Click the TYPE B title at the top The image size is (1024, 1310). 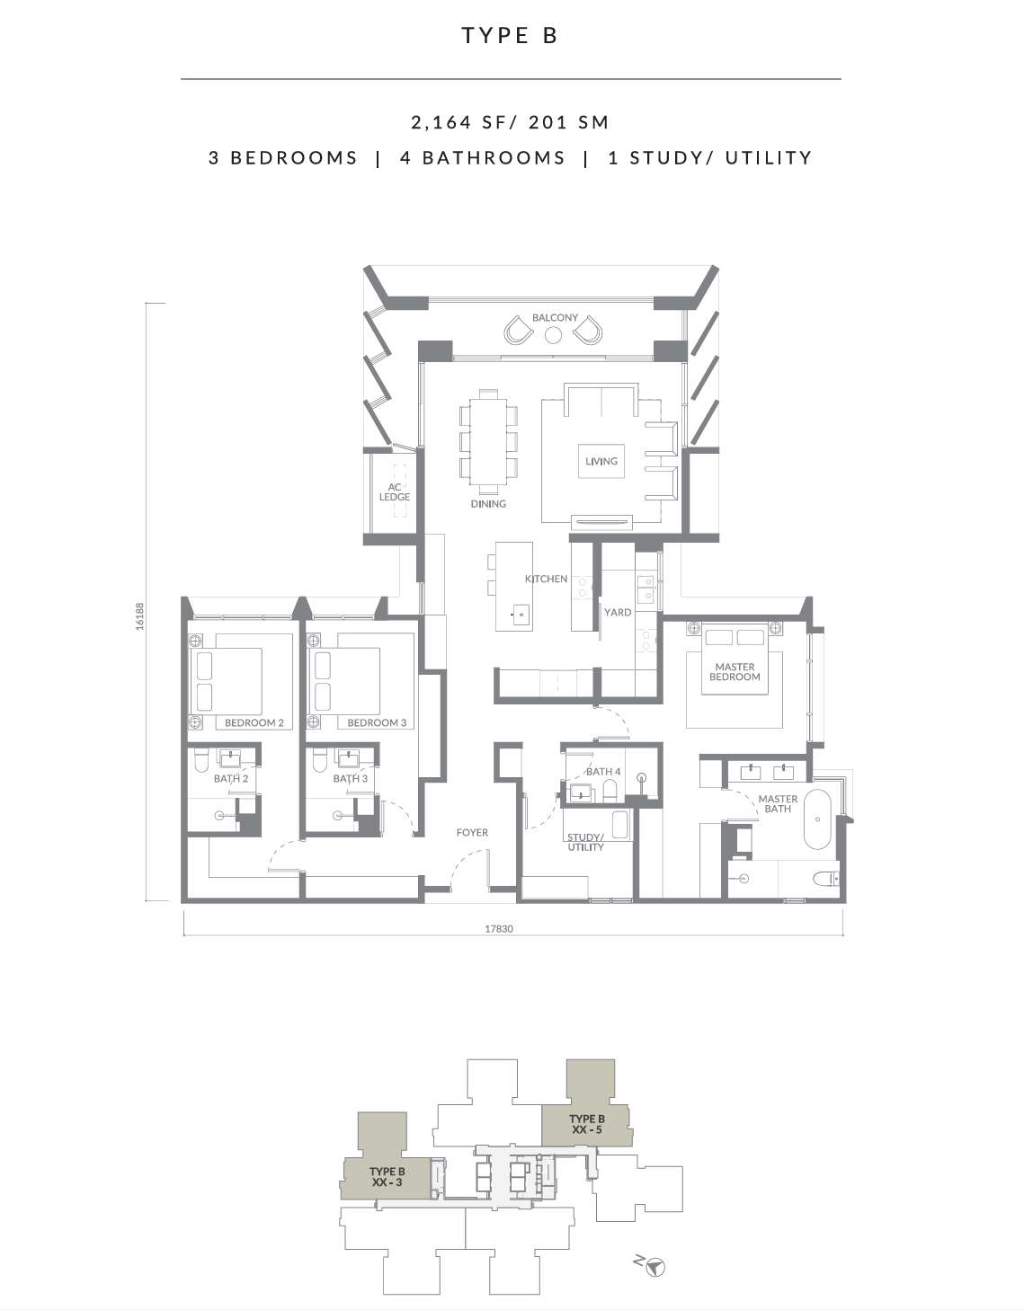(x=510, y=36)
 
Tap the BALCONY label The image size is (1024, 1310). (x=555, y=317)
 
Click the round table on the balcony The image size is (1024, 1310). (x=553, y=335)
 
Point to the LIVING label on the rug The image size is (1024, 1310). (x=601, y=461)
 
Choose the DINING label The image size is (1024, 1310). (x=488, y=503)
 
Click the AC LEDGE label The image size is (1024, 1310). (x=395, y=492)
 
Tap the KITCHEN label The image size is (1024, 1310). (x=546, y=579)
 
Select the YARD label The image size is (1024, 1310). (x=618, y=612)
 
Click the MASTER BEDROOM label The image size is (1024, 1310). (x=735, y=671)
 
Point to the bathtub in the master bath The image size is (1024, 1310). (x=817, y=819)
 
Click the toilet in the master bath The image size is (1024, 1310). (x=826, y=879)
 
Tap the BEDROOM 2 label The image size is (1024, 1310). (x=254, y=722)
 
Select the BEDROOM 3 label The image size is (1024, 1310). (x=377, y=722)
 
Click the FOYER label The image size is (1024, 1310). (x=472, y=832)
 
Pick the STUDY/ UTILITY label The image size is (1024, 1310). (x=585, y=842)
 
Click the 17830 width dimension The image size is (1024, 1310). (x=499, y=929)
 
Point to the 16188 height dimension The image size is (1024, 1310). (x=140, y=616)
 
